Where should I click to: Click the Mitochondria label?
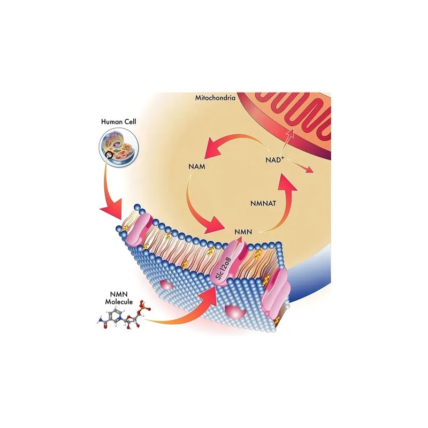pyautogui.click(x=215, y=98)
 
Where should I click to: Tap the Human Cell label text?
pyautogui.click(x=118, y=121)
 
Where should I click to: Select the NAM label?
pyautogui.click(x=197, y=166)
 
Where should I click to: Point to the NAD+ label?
pyautogui.click(x=274, y=159)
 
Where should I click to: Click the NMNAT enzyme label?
pyautogui.click(x=263, y=203)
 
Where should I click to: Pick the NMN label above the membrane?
pyautogui.click(x=243, y=232)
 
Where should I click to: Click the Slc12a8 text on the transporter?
pyautogui.click(x=223, y=268)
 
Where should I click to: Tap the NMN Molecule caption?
pyautogui.click(x=119, y=298)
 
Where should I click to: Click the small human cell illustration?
pyautogui.click(x=119, y=147)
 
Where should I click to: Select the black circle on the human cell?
pyautogui.click(x=109, y=155)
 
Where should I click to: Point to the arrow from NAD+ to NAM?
pyautogui.click(x=232, y=139)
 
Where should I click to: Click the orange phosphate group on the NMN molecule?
pyautogui.click(x=144, y=307)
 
